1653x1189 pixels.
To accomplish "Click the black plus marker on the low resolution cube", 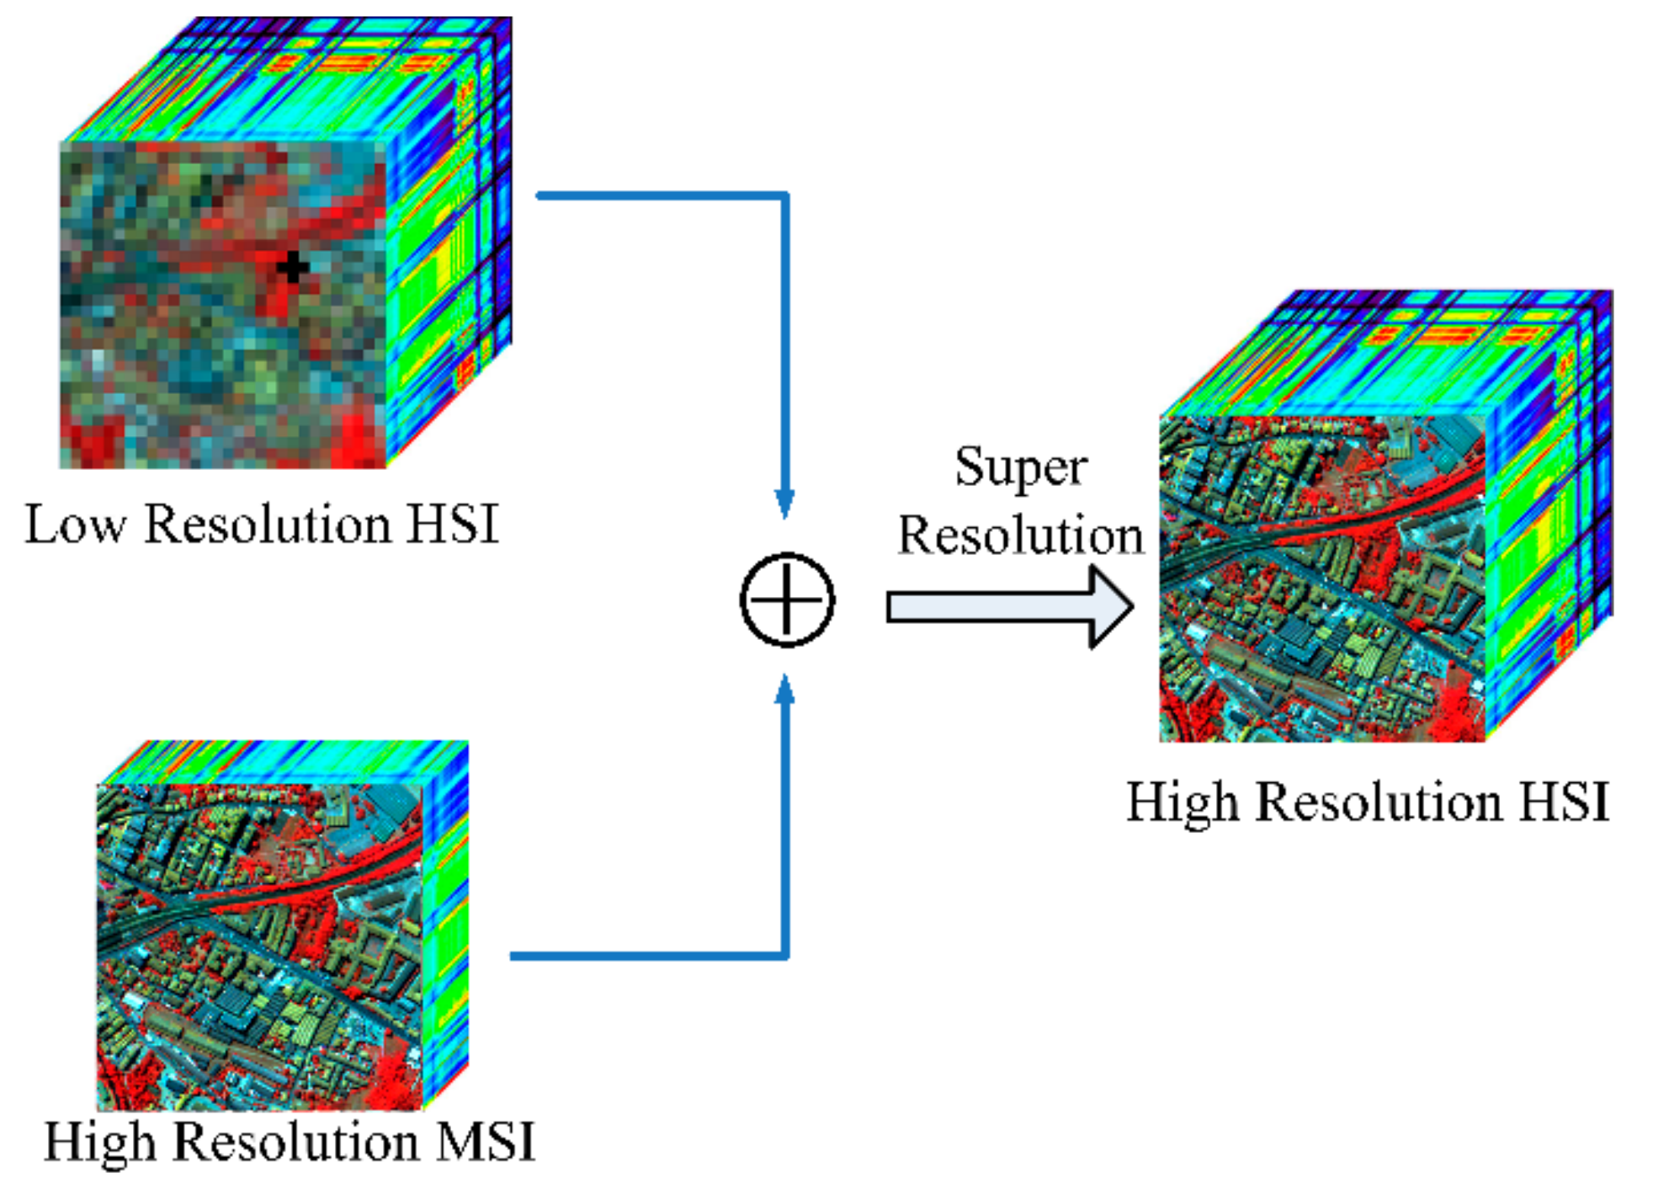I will tap(292, 267).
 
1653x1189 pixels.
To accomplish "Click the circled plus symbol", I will tap(787, 600).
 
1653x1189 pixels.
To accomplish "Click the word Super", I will tap(1020, 467).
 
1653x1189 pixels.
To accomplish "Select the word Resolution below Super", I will tap(1020, 536).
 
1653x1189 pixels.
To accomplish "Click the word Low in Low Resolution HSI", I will tap(75, 525).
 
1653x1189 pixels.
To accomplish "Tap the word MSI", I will tap(486, 1143).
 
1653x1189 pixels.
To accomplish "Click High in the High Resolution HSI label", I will tap(1183, 802).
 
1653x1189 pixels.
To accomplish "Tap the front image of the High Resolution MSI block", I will tap(259, 947).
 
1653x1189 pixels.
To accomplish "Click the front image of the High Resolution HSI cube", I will tap(1322, 579).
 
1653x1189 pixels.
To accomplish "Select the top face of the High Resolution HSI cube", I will tap(1389, 354).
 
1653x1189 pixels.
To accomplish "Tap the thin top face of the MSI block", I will tap(282, 762).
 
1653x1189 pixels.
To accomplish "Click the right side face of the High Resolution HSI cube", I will tap(1549, 514).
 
